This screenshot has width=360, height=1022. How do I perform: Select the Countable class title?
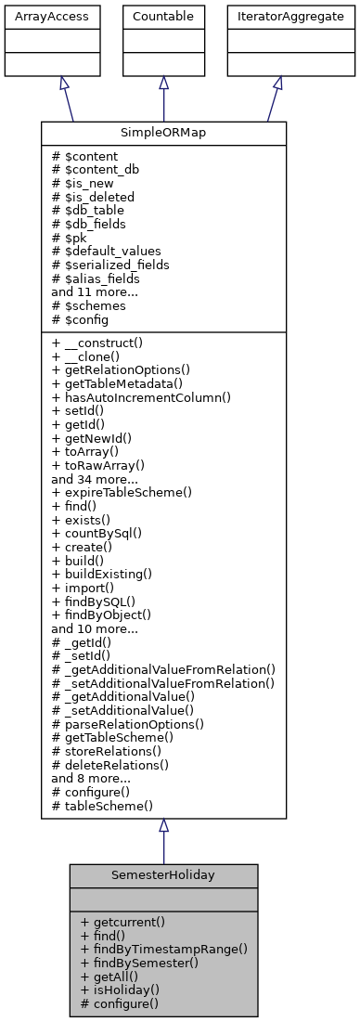[163, 15]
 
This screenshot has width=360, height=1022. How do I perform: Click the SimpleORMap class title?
[163, 133]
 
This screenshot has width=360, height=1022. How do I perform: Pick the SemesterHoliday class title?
[163, 875]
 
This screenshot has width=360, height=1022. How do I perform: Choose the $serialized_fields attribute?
[117, 264]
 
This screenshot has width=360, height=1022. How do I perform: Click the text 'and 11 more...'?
[96, 291]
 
